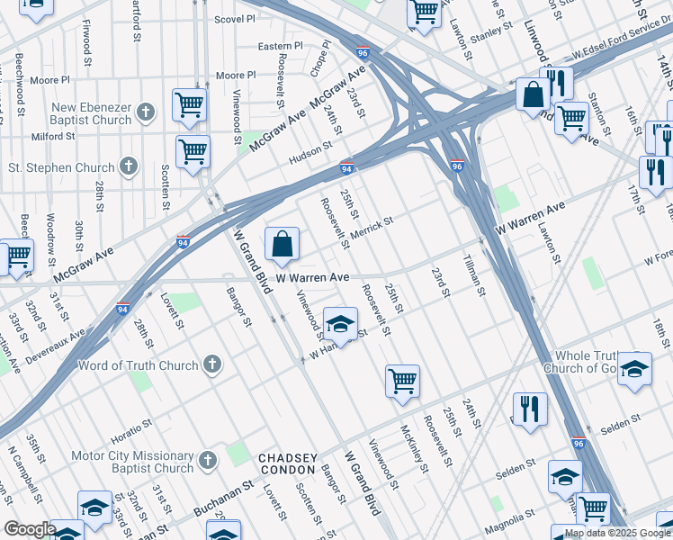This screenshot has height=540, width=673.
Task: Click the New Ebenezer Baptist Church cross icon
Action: pyautogui.click(x=147, y=112)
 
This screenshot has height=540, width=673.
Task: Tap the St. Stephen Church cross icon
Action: pyautogui.click(x=129, y=166)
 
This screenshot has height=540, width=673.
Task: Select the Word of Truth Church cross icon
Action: pyautogui.click(x=211, y=364)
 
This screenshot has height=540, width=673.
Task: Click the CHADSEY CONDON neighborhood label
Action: pyautogui.click(x=288, y=463)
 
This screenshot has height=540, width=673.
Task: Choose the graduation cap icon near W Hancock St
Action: pyautogui.click(x=340, y=324)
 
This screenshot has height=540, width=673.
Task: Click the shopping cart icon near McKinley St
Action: pyautogui.click(x=402, y=379)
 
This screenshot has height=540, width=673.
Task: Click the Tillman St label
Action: pyautogui.click(x=474, y=274)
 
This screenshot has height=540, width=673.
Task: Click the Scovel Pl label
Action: pyautogui.click(x=234, y=18)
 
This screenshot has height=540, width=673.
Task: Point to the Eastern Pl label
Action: pyautogui.click(x=280, y=46)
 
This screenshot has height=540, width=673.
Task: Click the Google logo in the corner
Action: pyautogui.click(x=30, y=529)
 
